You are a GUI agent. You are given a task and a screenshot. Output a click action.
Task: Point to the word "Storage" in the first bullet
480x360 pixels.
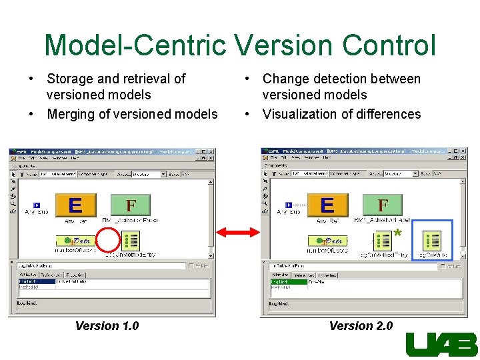click(x=69, y=79)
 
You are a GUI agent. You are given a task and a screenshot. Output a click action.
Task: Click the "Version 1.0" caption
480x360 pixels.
click(x=107, y=326)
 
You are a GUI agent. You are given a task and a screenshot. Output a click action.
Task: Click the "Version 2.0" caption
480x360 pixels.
click(x=361, y=326)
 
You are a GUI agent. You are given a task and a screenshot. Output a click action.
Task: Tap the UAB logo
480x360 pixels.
click(x=441, y=345)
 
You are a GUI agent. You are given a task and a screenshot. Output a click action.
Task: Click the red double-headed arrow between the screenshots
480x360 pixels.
click(x=237, y=232)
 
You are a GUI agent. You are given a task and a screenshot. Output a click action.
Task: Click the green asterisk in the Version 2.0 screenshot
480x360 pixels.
click(x=397, y=233)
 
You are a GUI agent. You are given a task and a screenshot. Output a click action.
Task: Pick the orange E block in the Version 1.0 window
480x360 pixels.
click(x=75, y=205)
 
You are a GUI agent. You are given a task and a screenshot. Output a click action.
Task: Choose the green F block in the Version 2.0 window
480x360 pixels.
click(x=383, y=205)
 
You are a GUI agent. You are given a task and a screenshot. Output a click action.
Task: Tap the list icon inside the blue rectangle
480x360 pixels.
click(x=432, y=240)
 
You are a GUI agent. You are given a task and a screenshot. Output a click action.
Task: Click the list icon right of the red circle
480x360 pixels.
click(x=131, y=240)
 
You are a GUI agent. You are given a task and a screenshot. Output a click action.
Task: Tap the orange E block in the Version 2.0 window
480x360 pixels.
click(x=327, y=205)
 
